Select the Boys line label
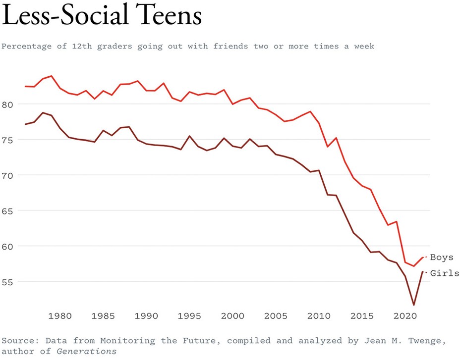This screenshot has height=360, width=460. click(441, 257)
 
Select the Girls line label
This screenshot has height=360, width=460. click(444, 273)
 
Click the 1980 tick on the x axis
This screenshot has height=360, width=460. click(60, 316)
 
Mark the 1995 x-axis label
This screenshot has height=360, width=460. click(189, 316)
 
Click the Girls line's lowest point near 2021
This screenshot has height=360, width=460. click(414, 305)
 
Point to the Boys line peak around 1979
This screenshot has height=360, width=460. click(52, 76)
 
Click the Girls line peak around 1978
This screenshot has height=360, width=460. click(43, 113)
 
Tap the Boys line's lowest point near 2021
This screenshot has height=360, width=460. click(414, 266)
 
